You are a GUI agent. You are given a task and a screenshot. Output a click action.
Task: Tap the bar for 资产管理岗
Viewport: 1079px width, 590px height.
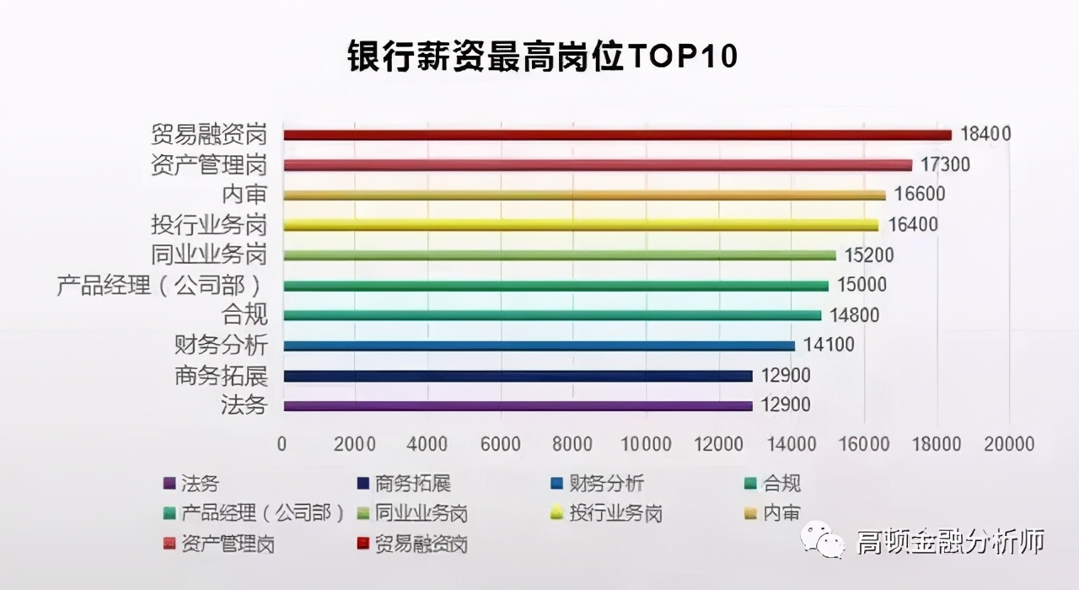[598, 165]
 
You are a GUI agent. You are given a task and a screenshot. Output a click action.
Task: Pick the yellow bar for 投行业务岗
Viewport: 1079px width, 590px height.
[581, 225]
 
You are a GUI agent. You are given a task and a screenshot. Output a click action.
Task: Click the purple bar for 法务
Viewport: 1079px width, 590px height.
[518, 406]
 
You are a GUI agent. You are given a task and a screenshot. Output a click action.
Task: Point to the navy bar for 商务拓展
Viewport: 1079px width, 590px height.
[518, 376]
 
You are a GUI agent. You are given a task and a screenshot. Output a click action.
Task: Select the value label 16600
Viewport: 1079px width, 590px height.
[920, 195]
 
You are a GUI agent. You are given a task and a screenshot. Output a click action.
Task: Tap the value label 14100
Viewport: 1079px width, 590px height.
[829, 346]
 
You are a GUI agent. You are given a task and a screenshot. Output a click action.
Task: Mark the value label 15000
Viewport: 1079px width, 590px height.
[862, 286]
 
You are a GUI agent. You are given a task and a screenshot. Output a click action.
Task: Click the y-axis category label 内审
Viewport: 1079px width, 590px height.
[244, 195]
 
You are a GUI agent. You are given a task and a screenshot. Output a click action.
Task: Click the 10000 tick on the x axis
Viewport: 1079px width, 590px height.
[646, 443]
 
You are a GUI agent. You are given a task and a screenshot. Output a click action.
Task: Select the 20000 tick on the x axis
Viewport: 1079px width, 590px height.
[1009, 443]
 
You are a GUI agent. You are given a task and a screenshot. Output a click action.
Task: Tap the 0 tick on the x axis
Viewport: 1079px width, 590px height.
[282, 443]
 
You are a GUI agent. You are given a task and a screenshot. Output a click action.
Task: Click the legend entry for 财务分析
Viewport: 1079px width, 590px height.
[599, 484]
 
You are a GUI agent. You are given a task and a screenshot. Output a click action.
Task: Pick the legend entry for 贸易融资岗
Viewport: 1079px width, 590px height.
[413, 544]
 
